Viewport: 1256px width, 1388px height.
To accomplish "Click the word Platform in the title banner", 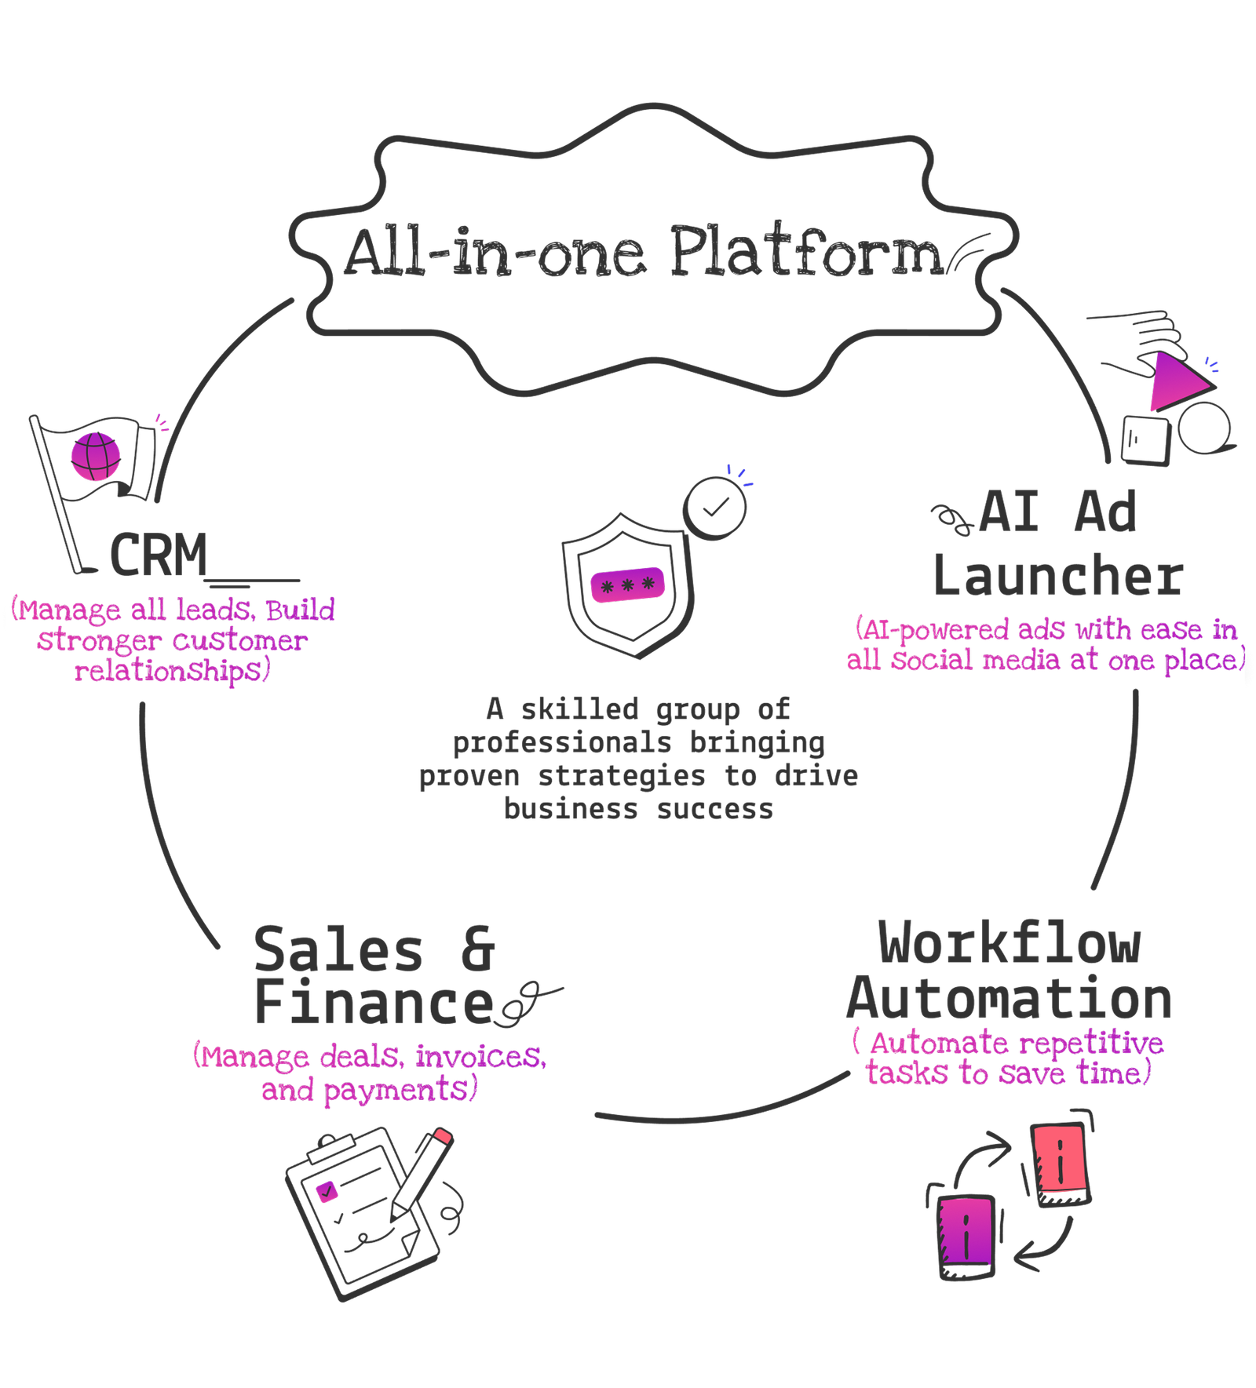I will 805,253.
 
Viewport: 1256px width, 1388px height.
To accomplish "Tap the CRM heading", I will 159,555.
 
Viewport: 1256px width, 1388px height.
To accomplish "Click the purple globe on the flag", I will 97,457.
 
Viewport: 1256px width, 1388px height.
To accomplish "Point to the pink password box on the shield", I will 627,585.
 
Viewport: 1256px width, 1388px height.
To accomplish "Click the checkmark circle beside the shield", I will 714,508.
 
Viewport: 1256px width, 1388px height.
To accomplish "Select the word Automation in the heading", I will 1009,999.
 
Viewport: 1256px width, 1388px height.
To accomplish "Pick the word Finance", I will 374,1004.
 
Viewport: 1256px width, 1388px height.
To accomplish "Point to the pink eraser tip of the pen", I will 443,1136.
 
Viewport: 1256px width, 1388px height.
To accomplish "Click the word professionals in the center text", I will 561,742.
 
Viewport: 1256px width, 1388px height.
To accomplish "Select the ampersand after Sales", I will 477,949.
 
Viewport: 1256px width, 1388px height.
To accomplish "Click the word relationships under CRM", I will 171,671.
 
